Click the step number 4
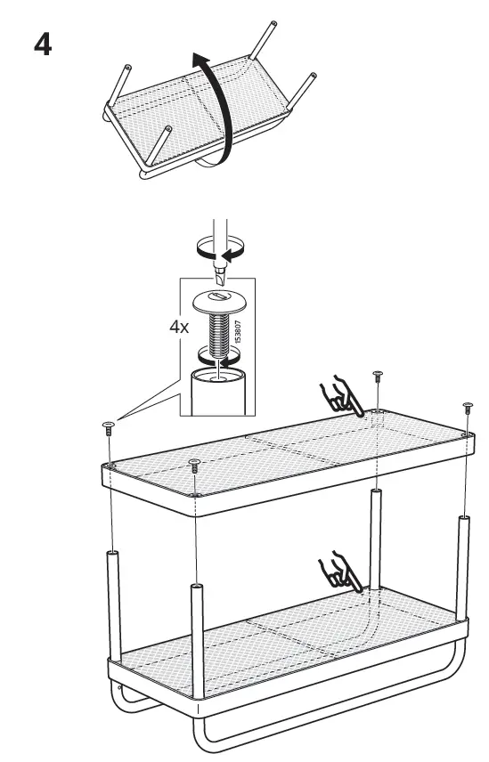pyautogui.click(x=41, y=44)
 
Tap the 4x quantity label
pyautogui.click(x=179, y=327)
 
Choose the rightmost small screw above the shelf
pyautogui.click(x=467, y=408)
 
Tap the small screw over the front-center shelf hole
pyautogui.click(x=195, y=464)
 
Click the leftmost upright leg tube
pyautogui.click(x=112, y=605)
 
